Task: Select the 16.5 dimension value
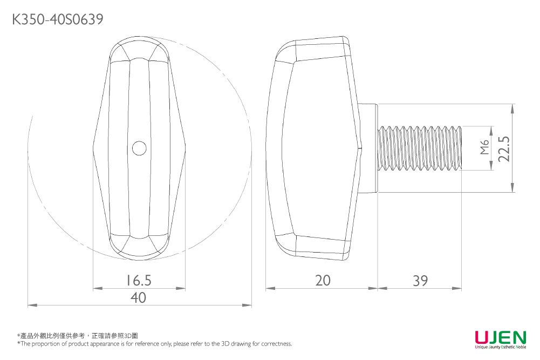click(x=139, y=280)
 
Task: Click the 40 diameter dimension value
click(x=139, y=297)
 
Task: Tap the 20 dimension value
click(x=323, y=280)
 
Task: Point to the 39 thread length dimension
click(x=420, y=280)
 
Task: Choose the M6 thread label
click(x=484, y=147)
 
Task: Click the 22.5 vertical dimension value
click(x=504, y=148)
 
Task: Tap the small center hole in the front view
click(x=139, y=148)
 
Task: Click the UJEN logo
click(x=500, y=338)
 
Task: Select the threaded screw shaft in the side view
click(x=421, y=148)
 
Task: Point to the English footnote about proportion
click(x=154, y=344)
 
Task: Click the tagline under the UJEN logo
click(x=500, y=347)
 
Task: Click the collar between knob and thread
click(x=370, y=148)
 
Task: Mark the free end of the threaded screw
click(x=461, y=148)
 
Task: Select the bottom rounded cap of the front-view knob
click(x=139, y=246)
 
